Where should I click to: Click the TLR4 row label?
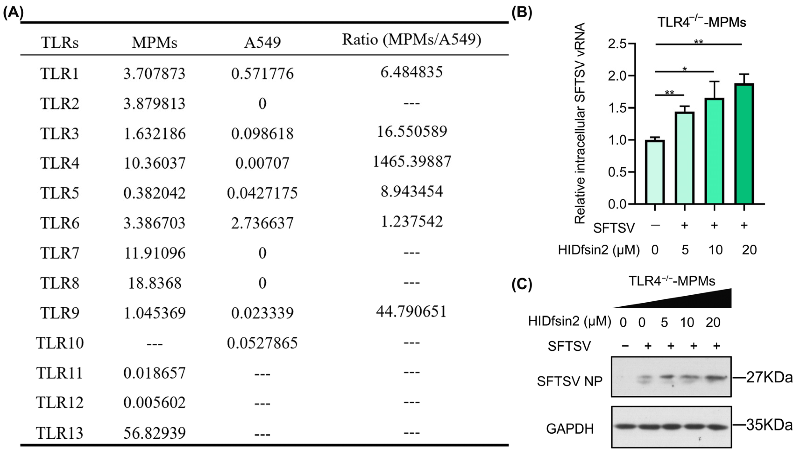pyautogui.click(x=60, y=163)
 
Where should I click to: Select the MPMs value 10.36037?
pyautogui.click(x=155, y=163)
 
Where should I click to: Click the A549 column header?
pyautogui.click(x=262, y=42)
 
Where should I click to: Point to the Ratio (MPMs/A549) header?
pyautogui.click(x=411, y=40)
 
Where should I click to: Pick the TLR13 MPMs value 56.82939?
pyautogui.click(x=155, y=433)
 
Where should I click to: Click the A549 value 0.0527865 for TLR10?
pyautogui.click(x=262, y=343)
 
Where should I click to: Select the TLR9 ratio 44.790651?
pyautogui.click(x=411, y=311)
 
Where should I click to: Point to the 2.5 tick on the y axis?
pyautogui.click(x=617, y=44)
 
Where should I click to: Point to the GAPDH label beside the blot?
pyautogui.click(x=570, y=429)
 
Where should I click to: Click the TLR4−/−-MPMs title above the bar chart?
pyautogui.click(x=701, y=22)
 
